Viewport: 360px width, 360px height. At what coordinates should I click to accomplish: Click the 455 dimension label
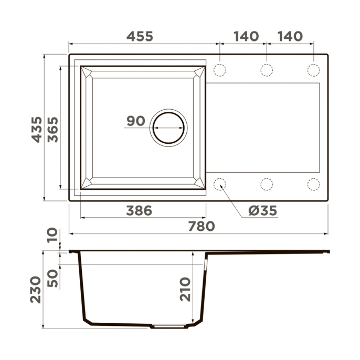click(x=140, y=36)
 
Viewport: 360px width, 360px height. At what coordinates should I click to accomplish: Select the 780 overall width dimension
click(x=202, y=226)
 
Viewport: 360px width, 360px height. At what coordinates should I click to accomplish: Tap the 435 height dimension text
click(x=37, y=130)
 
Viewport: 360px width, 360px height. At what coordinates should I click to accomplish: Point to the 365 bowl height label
click(x=53, y=130)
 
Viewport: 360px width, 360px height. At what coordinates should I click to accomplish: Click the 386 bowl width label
click(x=139, y=210)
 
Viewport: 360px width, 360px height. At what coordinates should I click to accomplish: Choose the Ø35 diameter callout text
click(x=262, y=210)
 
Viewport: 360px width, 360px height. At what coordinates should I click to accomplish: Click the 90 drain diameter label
click(x=136, y=121)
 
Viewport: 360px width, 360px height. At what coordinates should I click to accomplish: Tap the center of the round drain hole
click(x=168, y=128)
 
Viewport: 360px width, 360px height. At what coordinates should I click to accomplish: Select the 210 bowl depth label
click(x=185, y=289)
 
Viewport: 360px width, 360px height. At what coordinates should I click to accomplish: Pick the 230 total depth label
click(x=35, y=290)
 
